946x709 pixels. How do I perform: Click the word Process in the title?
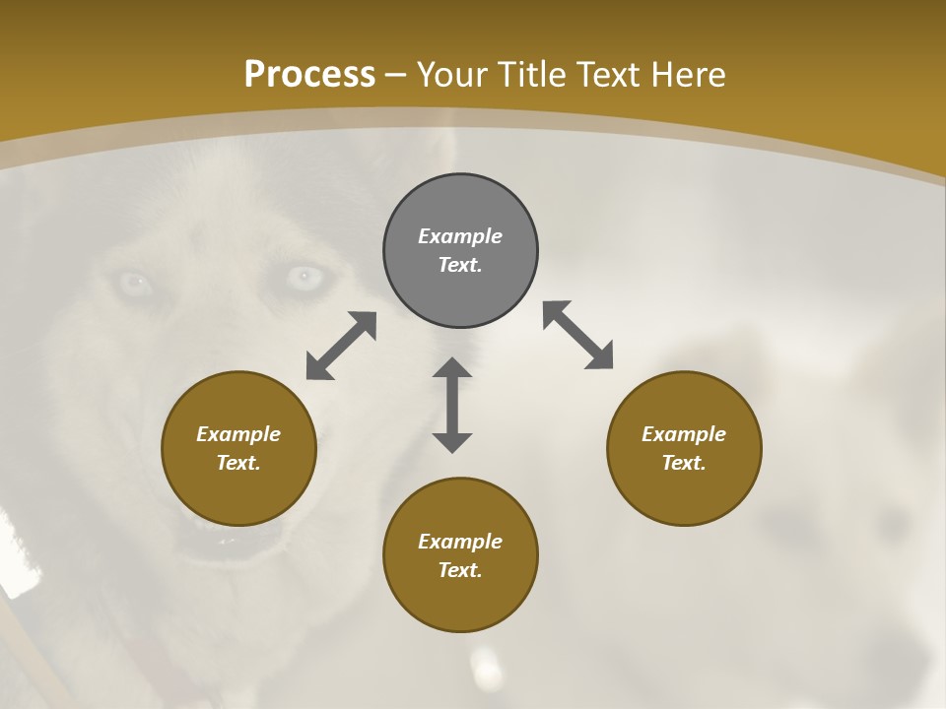[309, 75]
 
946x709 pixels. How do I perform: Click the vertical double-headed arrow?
[452, 405]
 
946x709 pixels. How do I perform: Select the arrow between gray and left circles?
[341, 346]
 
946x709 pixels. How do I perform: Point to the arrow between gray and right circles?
[578, 335]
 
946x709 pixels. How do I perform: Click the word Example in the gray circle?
[460, 236]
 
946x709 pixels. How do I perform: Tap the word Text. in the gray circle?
[460, 265]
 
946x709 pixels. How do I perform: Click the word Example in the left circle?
[238, 434]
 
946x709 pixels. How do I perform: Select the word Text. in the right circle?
[684, 463]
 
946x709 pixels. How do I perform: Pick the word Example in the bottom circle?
[460, 542]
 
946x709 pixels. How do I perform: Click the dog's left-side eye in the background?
[133, 284]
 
